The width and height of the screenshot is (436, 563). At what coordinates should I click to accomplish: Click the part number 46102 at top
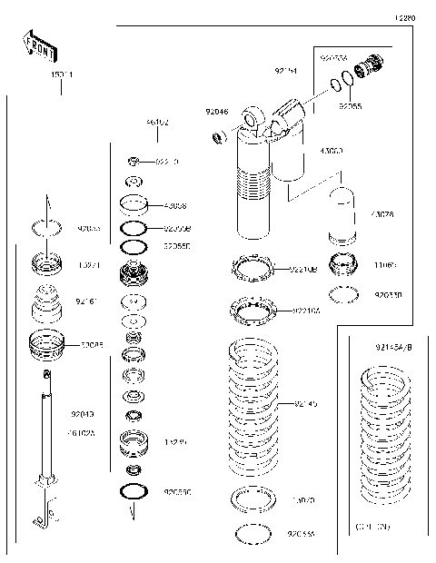click(x=156, y=123)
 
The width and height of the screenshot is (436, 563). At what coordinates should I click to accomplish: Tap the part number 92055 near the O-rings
click(x=351, y=106)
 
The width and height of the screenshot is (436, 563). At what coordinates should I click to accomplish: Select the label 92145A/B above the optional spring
click(x=392, y=347)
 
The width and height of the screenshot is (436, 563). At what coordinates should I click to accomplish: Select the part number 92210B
click(x=303, y=269)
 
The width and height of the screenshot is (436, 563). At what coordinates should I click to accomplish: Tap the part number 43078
click(x=408, y=214)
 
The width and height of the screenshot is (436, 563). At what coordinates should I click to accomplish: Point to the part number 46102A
click(x=90, y=433)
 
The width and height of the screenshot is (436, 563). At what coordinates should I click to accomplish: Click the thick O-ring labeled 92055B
click(x=134, y=227)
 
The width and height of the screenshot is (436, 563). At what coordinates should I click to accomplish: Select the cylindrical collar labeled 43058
click(x=134, y=205)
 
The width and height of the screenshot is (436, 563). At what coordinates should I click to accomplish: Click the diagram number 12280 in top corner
click(x=404, y=17)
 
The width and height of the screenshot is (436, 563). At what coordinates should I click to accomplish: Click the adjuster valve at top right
click(x=372, y=67)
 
